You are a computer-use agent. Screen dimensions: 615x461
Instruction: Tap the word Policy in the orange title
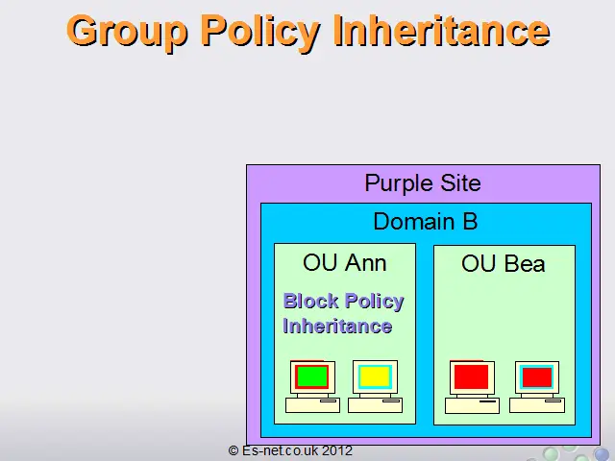pos(260,32)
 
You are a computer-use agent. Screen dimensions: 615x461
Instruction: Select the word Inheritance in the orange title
pos(442,30)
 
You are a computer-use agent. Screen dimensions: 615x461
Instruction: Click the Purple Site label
pos(423,183)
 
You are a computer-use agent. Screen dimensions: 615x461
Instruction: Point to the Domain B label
pos(426,221)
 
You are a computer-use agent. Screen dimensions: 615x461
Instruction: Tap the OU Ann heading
pos(345,262)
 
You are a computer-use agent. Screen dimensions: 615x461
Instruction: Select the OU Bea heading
pos(504,263)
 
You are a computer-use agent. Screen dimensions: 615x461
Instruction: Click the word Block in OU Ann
pos(311,301)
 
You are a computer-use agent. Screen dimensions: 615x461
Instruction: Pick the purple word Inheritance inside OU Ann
pos(337,327)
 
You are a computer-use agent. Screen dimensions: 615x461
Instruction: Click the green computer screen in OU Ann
pos(312,376)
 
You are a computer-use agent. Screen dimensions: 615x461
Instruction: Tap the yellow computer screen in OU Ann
pos(375,376)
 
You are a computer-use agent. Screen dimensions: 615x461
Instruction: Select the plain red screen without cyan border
pos(472,376)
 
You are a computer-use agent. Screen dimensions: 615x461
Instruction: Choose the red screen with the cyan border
pos(537,376)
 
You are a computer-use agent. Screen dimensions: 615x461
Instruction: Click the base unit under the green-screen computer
pos(312,405)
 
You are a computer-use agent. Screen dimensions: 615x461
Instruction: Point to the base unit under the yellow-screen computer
pos(376,405)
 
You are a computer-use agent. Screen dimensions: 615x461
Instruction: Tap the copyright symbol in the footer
pos(234,450)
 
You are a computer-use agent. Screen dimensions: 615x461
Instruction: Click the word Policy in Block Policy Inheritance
pos(375,302)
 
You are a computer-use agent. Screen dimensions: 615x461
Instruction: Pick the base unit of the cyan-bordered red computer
pos(537,405)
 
